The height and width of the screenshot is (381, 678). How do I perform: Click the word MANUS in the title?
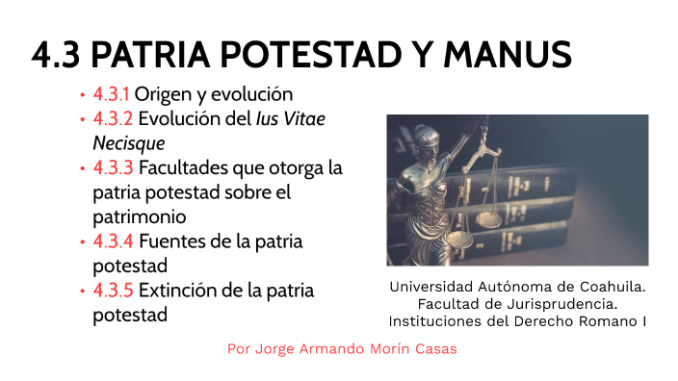tap(508, 55)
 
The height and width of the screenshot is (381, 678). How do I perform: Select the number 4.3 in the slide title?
tap(56, 55)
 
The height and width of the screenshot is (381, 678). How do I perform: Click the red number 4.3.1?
tap(111, 95)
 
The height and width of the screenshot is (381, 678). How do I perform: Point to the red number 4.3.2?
tap(113, 120)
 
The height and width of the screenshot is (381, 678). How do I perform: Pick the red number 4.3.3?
tap(114, 168)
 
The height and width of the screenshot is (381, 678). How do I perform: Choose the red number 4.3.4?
tap(114, 241)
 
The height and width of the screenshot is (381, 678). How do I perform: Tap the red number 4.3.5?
tap(113, 291)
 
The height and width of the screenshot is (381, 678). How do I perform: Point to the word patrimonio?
tap(139, 217)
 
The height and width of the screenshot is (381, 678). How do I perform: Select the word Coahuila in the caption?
tap(612, 287)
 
